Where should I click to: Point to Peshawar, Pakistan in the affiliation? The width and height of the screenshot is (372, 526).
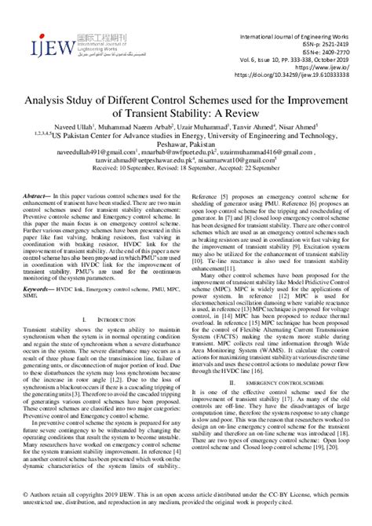click(x=186, y=145)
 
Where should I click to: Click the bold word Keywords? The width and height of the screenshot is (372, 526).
click(x=38, y=289)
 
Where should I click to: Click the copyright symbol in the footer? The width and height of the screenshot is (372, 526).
click(x=25, y=495)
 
